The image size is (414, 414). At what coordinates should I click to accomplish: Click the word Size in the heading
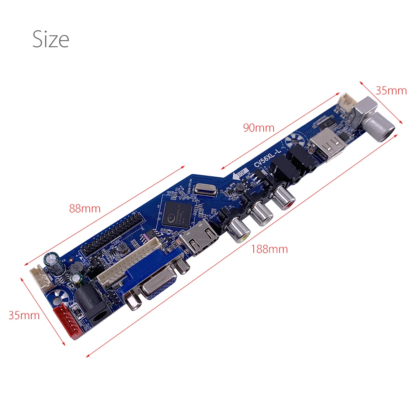(51, 39)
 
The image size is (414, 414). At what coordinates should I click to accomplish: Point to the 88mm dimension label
(85, 209)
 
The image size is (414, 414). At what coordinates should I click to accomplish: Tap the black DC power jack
(94, 302)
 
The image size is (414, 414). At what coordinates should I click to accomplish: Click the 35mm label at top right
(391, 91)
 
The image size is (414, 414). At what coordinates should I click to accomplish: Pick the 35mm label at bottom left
(24, 315)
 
